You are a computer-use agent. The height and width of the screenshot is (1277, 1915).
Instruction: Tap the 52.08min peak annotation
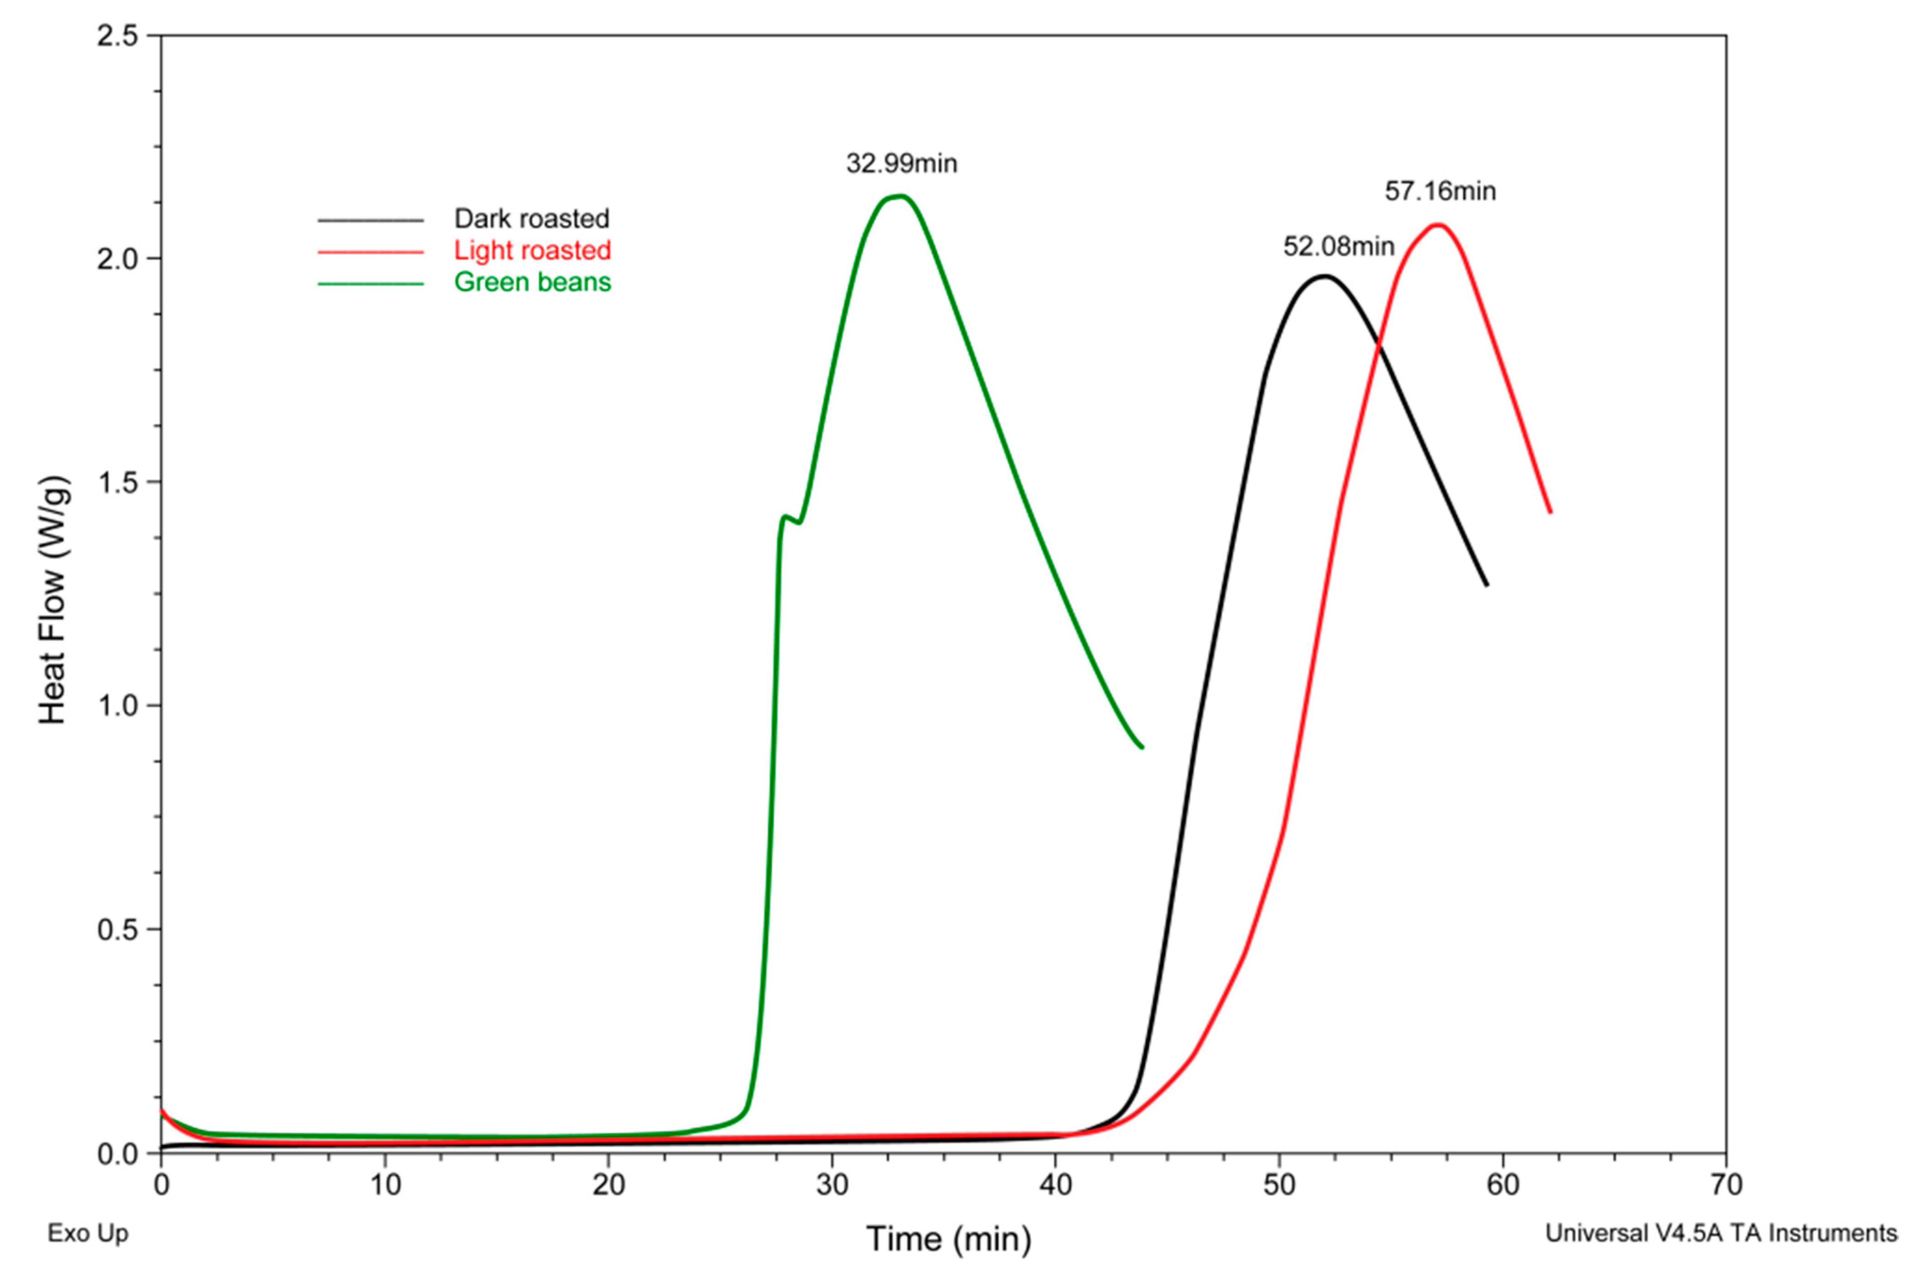(1338, 246)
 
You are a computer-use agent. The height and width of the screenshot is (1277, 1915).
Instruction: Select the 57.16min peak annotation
(1440, 192)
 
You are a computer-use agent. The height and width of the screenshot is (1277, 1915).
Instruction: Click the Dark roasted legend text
(531, 218)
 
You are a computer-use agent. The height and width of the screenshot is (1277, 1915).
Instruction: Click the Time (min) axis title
(948, 1239)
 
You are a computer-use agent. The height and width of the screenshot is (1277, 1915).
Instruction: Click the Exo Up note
(87, 1233)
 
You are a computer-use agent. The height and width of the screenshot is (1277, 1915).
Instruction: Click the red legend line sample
(370, 252)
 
